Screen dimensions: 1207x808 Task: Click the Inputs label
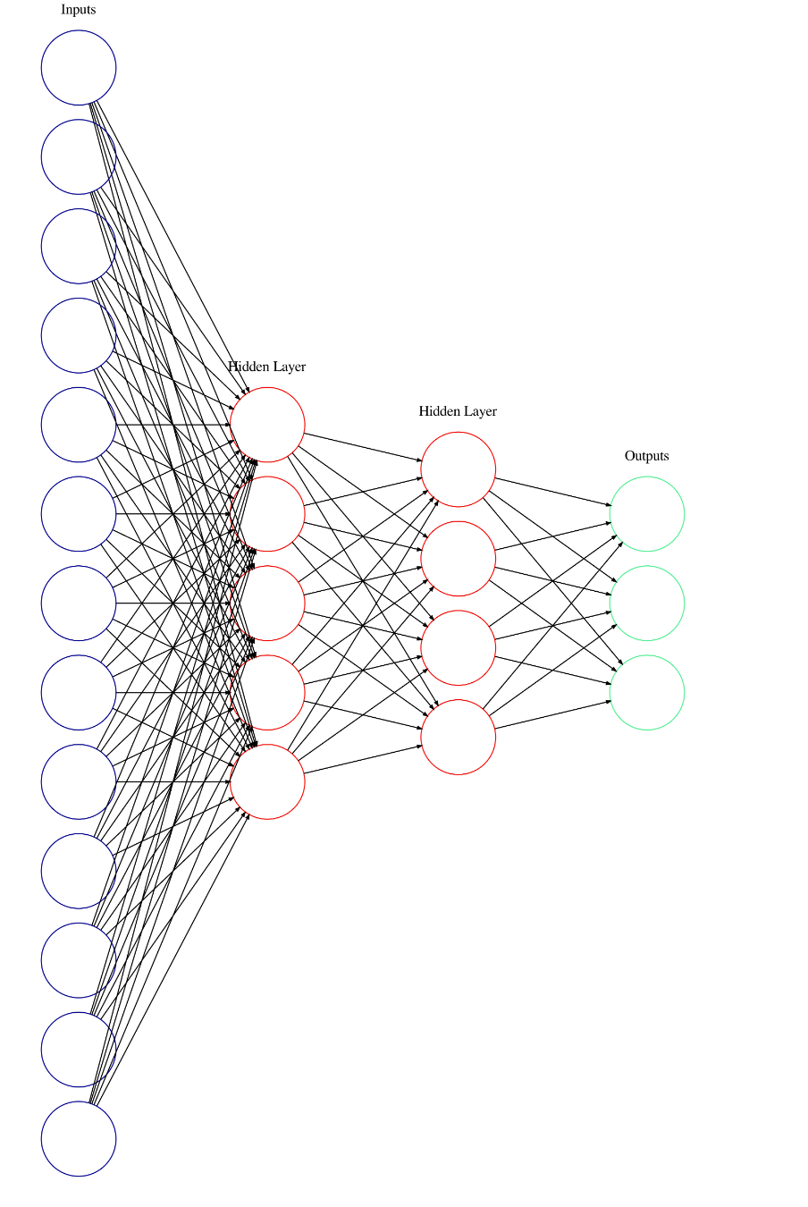point(79,10)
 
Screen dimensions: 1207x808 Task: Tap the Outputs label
point(646,456)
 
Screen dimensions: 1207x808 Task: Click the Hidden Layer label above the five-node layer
point(267,367)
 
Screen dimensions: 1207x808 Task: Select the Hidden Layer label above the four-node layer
point(458,411)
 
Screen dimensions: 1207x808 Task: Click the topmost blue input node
point(79,67)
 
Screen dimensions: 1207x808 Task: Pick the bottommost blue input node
point(79,1138)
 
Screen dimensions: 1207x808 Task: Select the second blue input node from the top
point(79,156)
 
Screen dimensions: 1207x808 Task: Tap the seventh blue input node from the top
point(79,603)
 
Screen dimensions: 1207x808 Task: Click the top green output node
point(646,513)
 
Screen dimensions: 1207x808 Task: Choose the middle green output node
point(646,603)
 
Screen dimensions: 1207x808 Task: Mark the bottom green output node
point(646,692)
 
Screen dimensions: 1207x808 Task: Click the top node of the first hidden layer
point(267,424)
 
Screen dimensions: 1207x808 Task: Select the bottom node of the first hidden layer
point(267,781)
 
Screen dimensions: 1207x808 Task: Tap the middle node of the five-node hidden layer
point(267,603)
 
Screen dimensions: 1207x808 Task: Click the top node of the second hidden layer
point(458,468)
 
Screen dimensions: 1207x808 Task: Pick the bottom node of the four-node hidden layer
point(458,737)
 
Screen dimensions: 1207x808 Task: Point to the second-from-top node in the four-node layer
point(458,558)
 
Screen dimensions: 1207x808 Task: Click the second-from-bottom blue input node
point(79,1049)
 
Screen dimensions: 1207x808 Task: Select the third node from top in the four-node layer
point(458,647)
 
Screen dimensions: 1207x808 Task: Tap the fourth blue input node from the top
point(79,335)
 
